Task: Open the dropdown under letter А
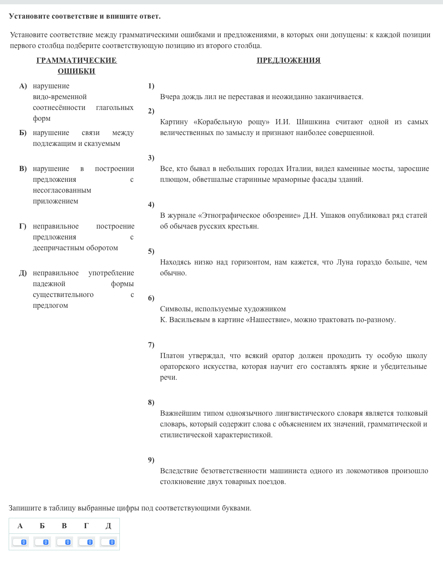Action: (x=20, y=542)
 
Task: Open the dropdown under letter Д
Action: (x=109, y=542)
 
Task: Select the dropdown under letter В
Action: (x=64, y=542)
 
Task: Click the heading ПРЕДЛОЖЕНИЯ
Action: (x=289, y=60)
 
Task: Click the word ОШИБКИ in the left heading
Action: (x=76, y=71)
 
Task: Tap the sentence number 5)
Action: (x=151, y=251)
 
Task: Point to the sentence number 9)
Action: (x=151, y=460)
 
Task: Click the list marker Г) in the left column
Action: (x=22, y=226)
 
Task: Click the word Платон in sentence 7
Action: (x=172, y=355)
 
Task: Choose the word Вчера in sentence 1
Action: (x=170, y=97)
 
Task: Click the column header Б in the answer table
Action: (x=42, y=526)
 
